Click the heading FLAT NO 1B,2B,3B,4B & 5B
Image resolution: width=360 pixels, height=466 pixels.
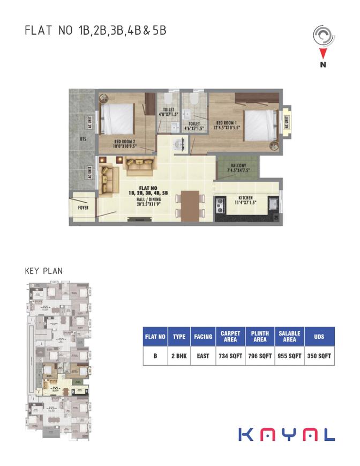[x=95, y=30]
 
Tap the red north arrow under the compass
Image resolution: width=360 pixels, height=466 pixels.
[x=323, y=53]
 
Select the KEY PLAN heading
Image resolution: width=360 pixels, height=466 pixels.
[x=43, y=271]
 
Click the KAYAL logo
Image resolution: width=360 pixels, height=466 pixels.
[x=286, y=433]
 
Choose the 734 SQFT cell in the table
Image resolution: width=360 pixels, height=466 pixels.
[x=230, y=355]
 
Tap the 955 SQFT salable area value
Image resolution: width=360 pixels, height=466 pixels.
[x=289, y=355]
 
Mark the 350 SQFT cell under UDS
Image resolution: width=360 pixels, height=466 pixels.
[x=319, y=355]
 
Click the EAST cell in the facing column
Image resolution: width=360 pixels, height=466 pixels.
[x=203, y=355]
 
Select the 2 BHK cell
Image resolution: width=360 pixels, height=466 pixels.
[x=179, y=355]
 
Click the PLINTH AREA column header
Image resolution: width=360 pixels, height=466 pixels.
[x=260, y=336]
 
